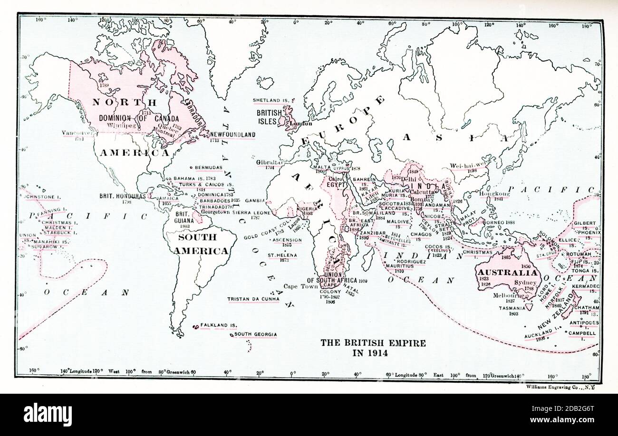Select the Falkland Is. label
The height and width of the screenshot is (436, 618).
click(218, 325)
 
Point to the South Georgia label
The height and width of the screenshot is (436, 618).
click(255, 334)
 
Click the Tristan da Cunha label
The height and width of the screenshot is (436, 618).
click(252, 299)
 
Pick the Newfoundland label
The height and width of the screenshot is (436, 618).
click(232, 135)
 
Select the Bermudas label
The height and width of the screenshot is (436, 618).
click(208, 168)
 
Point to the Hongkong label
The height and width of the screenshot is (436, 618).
click(494, 194)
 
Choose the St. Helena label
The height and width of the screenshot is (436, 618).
click(281, 255)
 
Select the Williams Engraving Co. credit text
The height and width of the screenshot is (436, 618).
click(560, 387)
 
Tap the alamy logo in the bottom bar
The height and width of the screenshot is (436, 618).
click(48, 415)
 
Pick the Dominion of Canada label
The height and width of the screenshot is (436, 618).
click(139, 118)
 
